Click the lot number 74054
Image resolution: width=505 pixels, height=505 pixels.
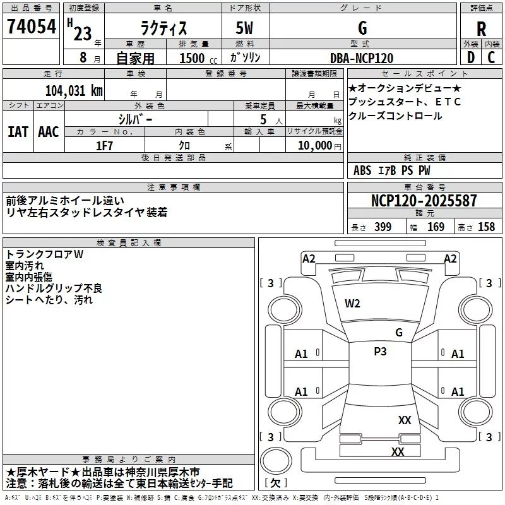tap(32, 27)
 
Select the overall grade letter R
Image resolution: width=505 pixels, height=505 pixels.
tap(481, 29)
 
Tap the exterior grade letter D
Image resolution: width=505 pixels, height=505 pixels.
tap(471, 57)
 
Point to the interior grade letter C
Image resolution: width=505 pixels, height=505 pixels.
tap(491, 57)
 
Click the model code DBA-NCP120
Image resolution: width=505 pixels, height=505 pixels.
tap(362, 58)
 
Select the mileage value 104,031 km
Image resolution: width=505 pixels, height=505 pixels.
tap(74, 91)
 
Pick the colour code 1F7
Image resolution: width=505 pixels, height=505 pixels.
tap(104, 146)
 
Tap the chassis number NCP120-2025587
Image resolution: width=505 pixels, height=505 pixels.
tap(424, 201)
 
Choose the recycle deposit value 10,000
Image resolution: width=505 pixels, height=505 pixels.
tap(315, 146)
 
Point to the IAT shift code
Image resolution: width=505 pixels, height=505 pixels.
tap(18, 132)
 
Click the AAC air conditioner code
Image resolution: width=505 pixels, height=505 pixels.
tap(49, 132)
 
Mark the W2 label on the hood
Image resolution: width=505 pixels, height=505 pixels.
tap(352, 304)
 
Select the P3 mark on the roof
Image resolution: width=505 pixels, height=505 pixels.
tap(380, 352)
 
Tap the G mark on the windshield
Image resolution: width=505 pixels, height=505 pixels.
tap(399, 333)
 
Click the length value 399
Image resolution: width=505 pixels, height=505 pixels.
tap(383, 227)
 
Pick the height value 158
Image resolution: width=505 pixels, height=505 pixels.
tap(486, 227)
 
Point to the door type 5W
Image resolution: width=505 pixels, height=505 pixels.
tap(244, 28)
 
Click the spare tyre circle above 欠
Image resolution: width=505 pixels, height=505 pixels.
tap(276, 461)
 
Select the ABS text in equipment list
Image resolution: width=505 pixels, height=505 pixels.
tap(362, 170)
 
